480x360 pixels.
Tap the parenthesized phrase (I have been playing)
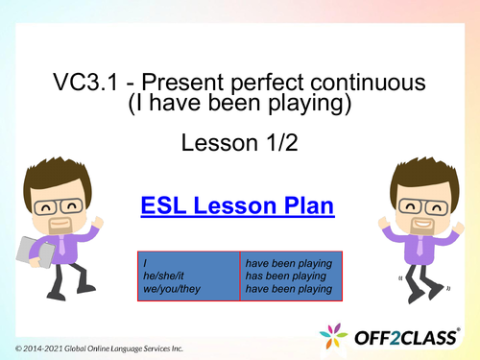coord(240,104)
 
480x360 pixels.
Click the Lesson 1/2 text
coord(239,144)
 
